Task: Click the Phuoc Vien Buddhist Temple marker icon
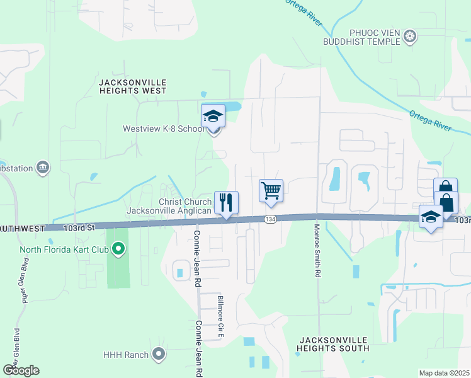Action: (x=410, y=35)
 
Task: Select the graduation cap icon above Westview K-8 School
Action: (x=213, y=117)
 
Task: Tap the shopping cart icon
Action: (x=271, y=191)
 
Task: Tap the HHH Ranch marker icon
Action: (x=159, y=355)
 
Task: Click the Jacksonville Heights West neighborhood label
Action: (x=133, y=87)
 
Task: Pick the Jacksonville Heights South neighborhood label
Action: (x=332, y=343)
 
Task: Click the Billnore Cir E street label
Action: (x=220, y=313)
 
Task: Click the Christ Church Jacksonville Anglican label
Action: (x=169, y=206)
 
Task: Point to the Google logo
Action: (x=21, y=370)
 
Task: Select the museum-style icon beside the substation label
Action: (x=43, y=168)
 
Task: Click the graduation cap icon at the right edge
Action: (x=431, y=217)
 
